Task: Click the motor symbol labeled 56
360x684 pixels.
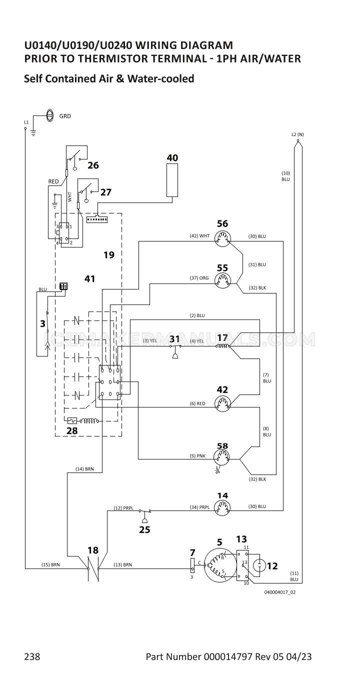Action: (x=222, y=238)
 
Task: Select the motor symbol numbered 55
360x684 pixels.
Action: (x=222, y=280)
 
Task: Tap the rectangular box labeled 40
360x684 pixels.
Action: (x=172, y=180)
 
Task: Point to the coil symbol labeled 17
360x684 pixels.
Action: (x=222, y=346)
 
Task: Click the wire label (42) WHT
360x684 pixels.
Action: (x=199, y=235)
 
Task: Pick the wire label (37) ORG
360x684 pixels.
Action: (x=199, y=278)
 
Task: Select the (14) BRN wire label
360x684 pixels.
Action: (x=84, y=468)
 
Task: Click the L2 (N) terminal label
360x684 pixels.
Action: (x=297, y=134)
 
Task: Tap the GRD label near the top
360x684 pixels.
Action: (x=65, y=116)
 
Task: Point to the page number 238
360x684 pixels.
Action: (x=32, y=656)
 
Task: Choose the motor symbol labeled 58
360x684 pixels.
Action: (x=222, y=457)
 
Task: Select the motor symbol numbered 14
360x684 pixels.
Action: (x=222, y=508)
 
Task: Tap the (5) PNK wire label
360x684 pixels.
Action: (x=197, y=456)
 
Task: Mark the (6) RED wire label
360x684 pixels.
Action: (x=197, y=403)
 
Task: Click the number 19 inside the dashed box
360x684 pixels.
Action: (x=109, y=254)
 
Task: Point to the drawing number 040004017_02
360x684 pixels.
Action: (x=280, y=592)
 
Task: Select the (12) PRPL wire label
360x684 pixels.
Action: (x=123, y=508)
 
